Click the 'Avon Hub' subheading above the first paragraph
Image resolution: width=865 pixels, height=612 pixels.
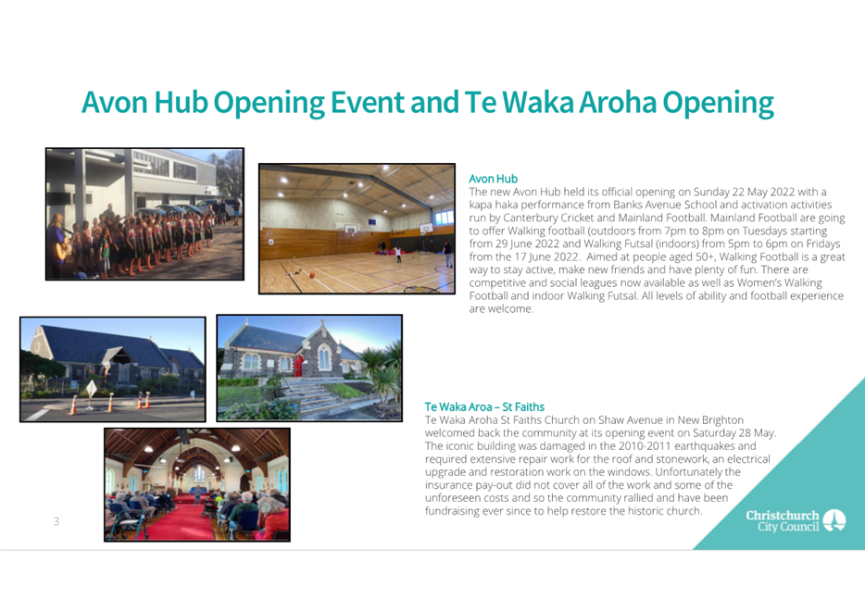tap(494, 179)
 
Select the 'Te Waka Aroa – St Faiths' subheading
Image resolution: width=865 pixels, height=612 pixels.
tap(484, 406)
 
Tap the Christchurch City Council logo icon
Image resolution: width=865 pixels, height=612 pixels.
tap(834, 520)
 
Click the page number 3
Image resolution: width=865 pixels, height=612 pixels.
tap(56, 521)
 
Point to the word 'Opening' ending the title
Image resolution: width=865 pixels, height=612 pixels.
tap(718, 103)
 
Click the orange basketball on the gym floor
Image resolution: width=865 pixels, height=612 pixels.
tap(312, 275)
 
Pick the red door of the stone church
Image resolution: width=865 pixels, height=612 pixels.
tap(298, 366)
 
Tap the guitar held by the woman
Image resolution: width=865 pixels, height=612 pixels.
tap(64, 250)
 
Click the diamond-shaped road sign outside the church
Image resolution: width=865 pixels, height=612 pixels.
tap(91, 389)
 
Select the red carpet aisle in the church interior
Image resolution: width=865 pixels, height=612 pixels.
tap(181, 521)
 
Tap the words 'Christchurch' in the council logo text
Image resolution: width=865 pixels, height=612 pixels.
tap(783, 516)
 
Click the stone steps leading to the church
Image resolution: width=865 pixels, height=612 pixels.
tap(307, 394)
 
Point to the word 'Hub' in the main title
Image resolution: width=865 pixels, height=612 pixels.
tap(181, 103)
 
